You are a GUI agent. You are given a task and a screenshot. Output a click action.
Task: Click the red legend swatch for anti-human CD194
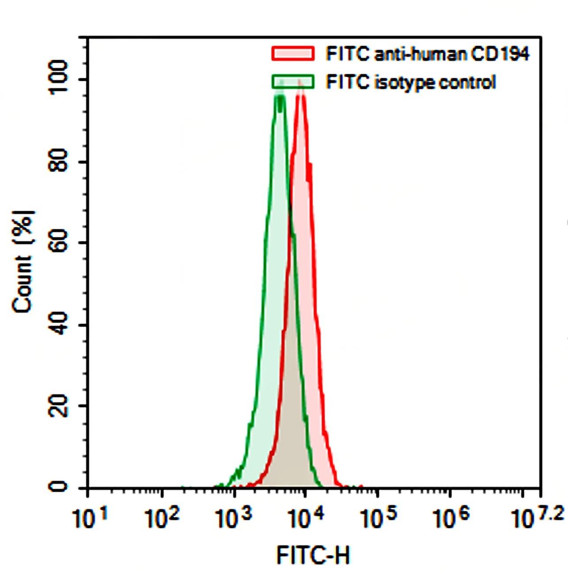(x=293, y=53)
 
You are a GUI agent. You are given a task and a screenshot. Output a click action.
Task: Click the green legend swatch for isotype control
(x=293, y=82)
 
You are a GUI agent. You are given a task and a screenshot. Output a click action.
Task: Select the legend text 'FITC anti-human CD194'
(x=427, y=54)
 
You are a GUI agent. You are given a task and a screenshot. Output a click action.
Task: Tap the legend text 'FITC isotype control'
(x=411, y=82)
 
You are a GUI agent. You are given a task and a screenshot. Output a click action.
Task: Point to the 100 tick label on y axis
(x=59, y=77)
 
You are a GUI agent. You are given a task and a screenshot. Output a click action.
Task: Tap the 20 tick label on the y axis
(x=59, y=406)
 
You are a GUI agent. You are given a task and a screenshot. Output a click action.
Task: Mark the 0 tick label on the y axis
(x=59, y=487)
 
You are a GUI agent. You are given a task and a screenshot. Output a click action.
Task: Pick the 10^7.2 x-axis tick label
(x=537, y=518)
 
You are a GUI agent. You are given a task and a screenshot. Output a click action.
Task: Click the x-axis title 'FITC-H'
(x=313, y=555)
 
